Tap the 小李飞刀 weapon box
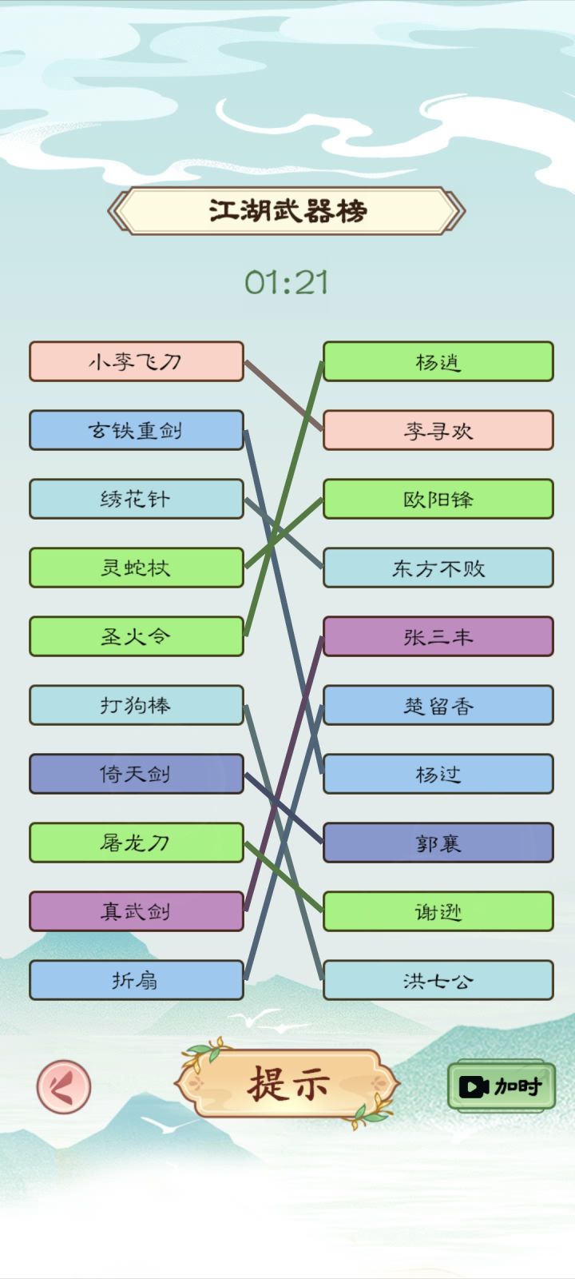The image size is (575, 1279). click(x=137, y=361)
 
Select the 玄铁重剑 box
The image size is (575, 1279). click(x=137, y=430)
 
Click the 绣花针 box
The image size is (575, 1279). click(x=137, y=499)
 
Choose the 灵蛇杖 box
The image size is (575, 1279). click(x=137, y=568)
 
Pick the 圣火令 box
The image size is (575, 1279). click(x=137, y=636)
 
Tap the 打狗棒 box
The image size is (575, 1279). click(x=137, y=705)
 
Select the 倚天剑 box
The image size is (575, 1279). click(x=137, y=774)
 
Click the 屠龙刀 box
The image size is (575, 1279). click(x=137, y=843)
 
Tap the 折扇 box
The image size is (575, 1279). click(x=137, y=980)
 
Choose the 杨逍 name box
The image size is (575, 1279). click(x=438, y=361)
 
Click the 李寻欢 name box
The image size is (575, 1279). click(x=438, y=430)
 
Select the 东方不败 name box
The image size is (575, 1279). click(x=438, y=568)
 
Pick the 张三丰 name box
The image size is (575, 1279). click(x=438, y=636)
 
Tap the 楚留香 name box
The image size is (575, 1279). click(x=438, y=705)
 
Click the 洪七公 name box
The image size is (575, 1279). click(x=438, y=980)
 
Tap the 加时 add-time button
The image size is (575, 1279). click(x=502, y=1086)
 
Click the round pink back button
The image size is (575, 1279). click(x=64, y=1086)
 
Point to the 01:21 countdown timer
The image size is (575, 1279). click(x=287, y=283)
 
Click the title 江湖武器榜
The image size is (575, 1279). click(x=287, y=211)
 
